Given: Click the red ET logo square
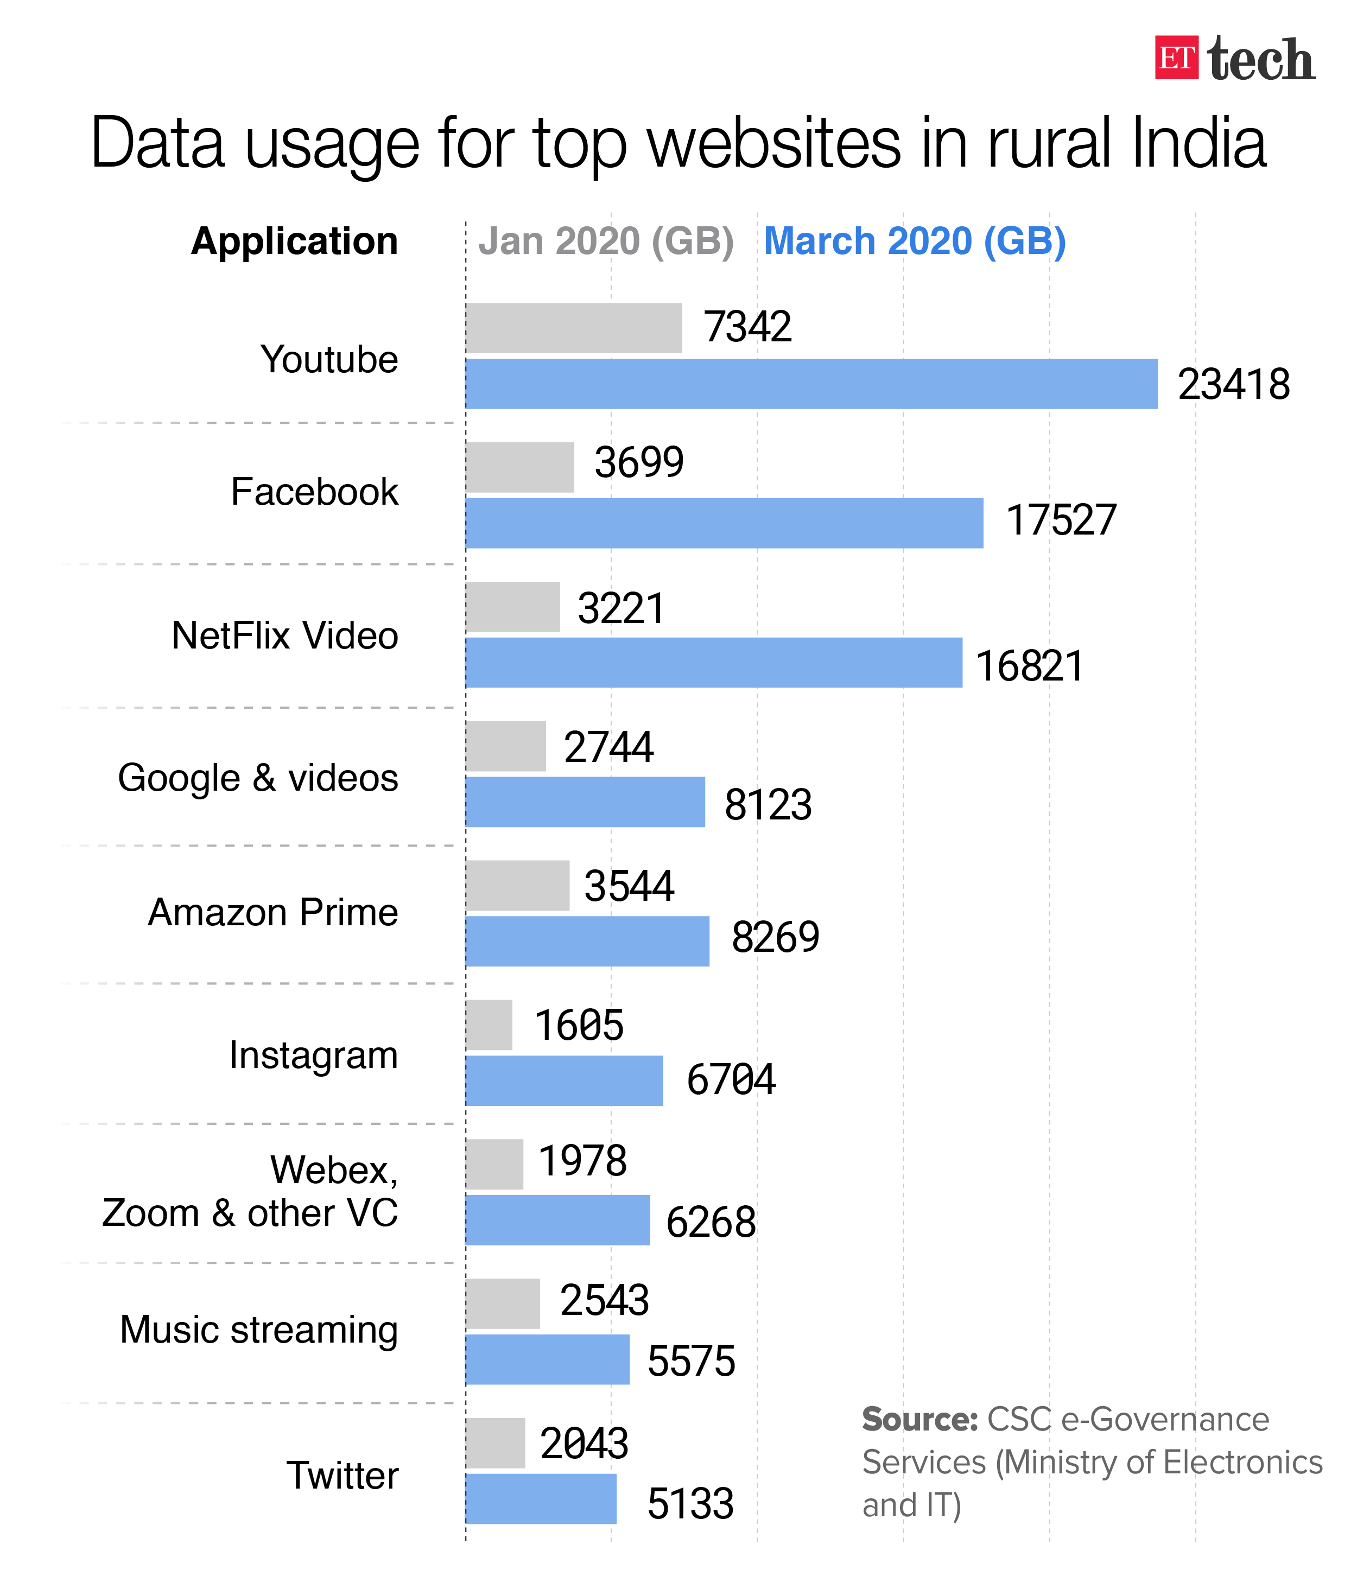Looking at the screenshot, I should [1175, 58].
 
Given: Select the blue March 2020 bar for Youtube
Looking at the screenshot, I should [811, 384].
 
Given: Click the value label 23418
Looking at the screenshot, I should [1233, 384].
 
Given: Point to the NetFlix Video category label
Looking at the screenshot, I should [284, 635].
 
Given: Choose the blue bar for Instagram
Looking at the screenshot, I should [564, 1080].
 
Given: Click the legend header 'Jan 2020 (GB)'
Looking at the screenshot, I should [606, 241].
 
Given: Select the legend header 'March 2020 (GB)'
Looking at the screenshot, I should [915, 241].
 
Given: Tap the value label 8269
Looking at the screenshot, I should [775, 937].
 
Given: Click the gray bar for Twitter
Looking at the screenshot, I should [495, 1443].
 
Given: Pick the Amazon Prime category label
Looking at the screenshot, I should [273, 912].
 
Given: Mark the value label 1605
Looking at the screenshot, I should [579, 1025].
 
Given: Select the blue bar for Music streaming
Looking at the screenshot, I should [547, 1360].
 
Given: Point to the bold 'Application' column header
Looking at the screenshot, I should [294, 241].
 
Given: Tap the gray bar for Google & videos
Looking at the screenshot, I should [506, 746].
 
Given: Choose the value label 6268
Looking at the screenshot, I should [711, 1222].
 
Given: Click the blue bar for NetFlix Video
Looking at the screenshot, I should [714, 663].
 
